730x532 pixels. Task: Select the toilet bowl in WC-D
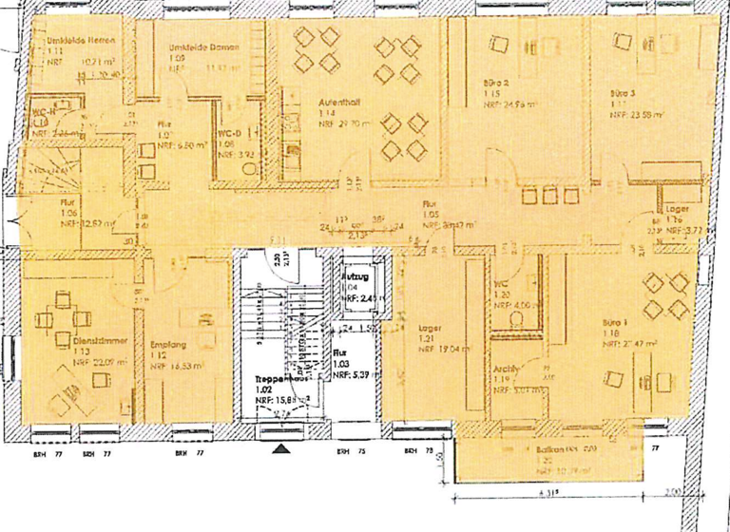(249, 166)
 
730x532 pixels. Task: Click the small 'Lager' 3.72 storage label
(676, 208)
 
